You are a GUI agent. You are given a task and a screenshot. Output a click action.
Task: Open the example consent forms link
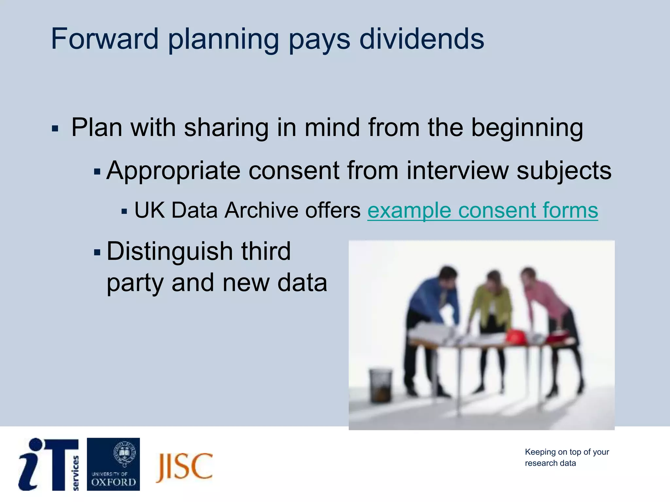[x=483, y=210]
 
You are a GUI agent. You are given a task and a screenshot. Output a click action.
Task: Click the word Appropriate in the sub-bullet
[x=173, y=170]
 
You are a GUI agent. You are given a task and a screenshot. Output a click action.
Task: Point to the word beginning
[x=527, y=127]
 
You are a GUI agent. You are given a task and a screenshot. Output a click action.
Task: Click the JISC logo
[x=185, y=467]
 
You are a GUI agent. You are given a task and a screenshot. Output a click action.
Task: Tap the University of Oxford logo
[x=113, y=464]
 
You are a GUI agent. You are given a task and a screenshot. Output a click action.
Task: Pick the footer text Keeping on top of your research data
[x=566, y=458]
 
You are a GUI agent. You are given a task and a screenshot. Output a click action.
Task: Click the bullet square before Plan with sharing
[x=55, y=128]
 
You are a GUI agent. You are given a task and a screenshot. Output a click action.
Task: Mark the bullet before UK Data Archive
[x=124, y=211]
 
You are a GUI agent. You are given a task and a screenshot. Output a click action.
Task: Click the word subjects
[x=564, y=170]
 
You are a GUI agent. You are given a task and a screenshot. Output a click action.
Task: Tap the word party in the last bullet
[x=135, y=283]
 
